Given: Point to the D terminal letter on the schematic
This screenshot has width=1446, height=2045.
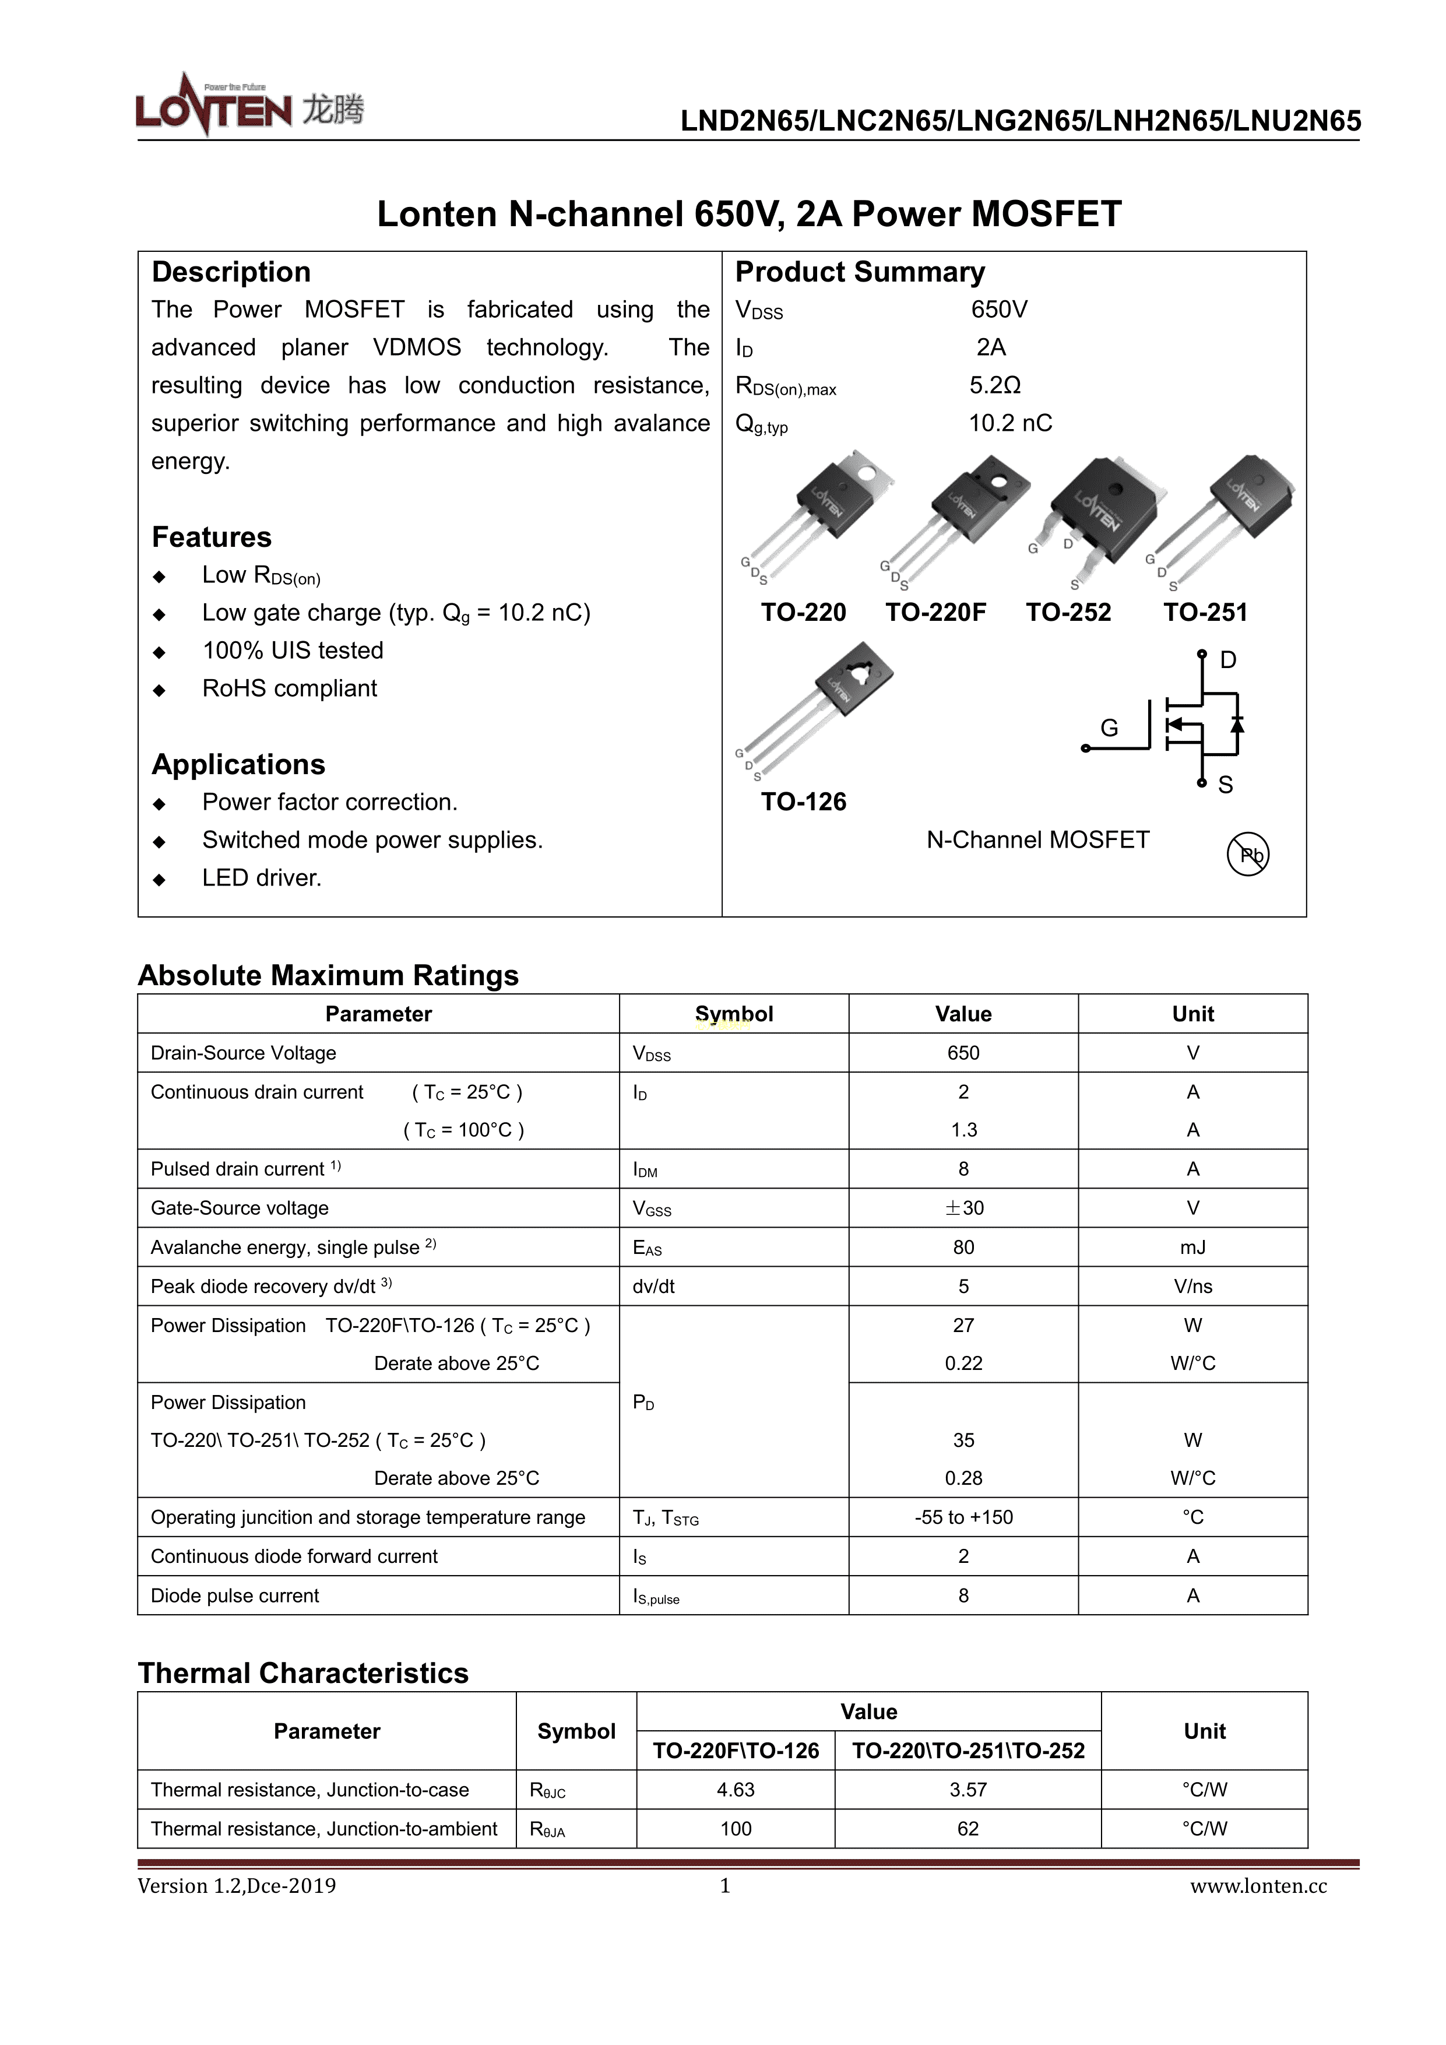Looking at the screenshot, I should pos(1228,660).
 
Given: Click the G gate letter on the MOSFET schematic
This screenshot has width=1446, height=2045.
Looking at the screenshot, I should pos(1109,728).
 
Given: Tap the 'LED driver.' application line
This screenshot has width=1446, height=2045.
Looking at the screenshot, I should pos(261,877).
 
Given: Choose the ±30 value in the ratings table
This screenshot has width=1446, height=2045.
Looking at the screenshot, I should pos(963,1208).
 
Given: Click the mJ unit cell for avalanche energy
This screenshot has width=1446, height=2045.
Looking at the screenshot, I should pos(1192,1247).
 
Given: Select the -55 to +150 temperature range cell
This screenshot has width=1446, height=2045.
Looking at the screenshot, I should pos(963,1517).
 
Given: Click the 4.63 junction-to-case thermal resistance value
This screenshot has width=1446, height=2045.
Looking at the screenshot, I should pos(736,1790).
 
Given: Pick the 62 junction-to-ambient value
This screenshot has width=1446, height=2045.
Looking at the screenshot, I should pos(968,1829).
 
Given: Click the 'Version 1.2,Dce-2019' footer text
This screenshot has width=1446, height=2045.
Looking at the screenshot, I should pos(237,1886).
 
